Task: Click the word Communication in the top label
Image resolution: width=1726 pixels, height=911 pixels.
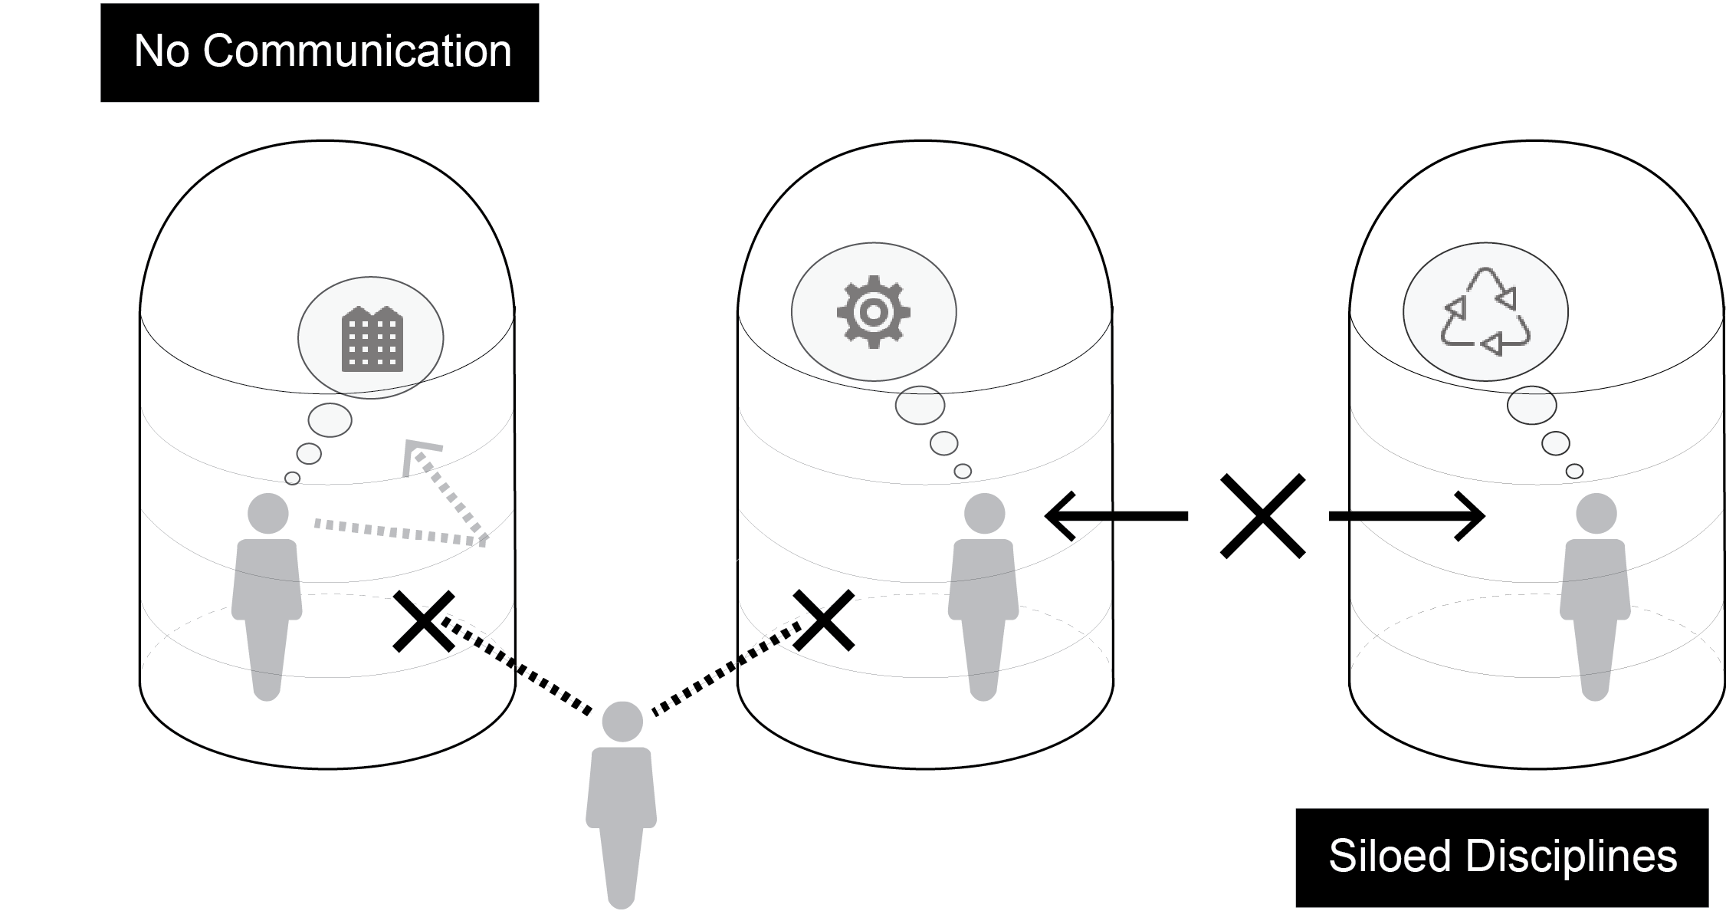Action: coord(357,51)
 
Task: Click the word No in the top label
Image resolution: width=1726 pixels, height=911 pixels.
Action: coord(162,51)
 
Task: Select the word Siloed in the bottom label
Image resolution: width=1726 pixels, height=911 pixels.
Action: coord(1390,856)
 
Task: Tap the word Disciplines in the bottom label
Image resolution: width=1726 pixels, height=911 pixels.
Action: coord(1571,856)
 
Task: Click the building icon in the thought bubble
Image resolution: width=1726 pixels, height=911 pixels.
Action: coord(372,340)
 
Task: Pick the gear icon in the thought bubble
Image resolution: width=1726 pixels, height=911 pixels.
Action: coord(873,312)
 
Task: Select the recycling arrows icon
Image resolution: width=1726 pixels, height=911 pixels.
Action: coord(1485,312)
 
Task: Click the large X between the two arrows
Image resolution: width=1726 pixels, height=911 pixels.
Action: coord(1262,516)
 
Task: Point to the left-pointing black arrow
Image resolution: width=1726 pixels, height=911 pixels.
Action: coord(1116,516)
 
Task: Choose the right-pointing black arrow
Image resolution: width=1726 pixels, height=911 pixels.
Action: coord(1407,516)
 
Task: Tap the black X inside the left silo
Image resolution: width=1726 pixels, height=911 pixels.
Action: coord(423,621)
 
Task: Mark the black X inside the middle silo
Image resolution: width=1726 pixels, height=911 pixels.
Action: coord(824,620)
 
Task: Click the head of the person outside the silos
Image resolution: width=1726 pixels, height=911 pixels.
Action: coord(622,722)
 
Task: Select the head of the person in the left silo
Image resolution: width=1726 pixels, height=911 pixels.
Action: coord(268,513)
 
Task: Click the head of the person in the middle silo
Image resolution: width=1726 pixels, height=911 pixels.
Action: coord(984,513)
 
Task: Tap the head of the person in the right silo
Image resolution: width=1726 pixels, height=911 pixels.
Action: coord(1596,513)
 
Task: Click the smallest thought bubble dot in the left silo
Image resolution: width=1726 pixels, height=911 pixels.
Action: coord(292,479)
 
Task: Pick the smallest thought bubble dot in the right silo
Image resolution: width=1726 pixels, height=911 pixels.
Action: coord(1574,472)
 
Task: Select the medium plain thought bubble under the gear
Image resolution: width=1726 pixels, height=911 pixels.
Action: coord(943,443)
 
